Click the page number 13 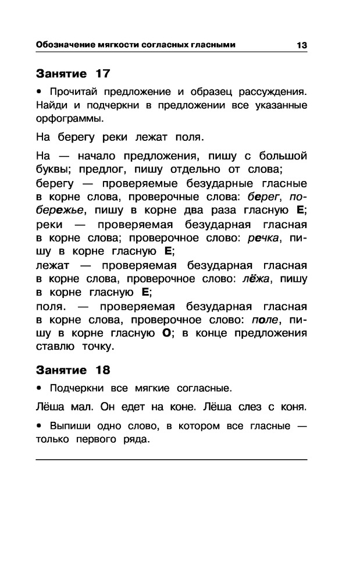[x=301, y=45]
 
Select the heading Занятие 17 [x=73, y=74]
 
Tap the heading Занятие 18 [x=73, y=370]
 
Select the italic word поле [x=268, y=320]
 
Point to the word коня [x=294, y=405]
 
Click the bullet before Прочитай [x=39, y=92]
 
